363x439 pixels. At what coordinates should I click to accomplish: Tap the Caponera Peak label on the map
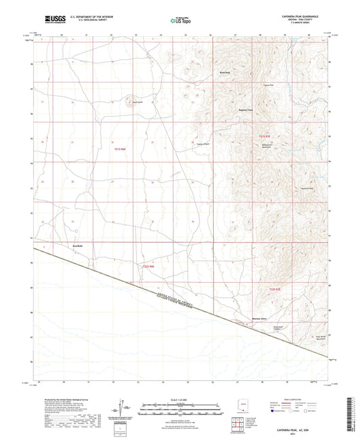[306, 188]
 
